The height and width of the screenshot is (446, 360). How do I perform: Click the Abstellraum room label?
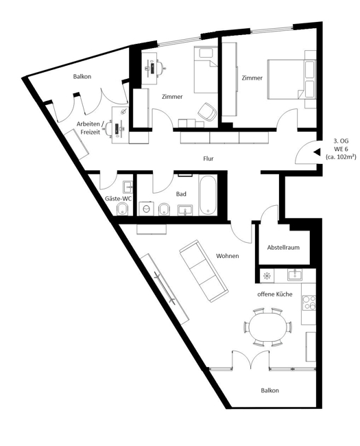pyautogui.click(x=283, y=248)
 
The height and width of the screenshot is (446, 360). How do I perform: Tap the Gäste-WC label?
pyautogui.click(x=119, y=198)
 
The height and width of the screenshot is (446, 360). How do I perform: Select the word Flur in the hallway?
pyautogui.click(x=208, y=159)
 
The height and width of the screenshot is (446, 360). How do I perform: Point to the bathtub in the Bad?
pyautogui.click(x=208, y=196)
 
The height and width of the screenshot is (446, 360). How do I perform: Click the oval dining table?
pyautogui.click(x=268, y=327)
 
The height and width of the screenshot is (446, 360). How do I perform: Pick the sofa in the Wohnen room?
pyautogui.click(x=204, y=271)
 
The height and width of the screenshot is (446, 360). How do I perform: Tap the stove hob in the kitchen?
pyautogui.click(x=309, y=303)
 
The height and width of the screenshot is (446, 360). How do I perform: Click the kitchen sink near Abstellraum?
pyautogui.click(x=295, y=275)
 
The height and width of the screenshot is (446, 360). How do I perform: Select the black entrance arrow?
pyautogui.click(x=317, y=152)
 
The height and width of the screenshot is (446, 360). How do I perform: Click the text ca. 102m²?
pyautogui.click(x=341, y=156)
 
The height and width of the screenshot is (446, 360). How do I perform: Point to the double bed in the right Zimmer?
pyautogui.click(x=291, y=80)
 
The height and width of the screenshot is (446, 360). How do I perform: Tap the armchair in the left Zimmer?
pyautogui.click(x=207, y=111)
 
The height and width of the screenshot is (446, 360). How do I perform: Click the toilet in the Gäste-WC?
pyautogui.click(x=123, y=210)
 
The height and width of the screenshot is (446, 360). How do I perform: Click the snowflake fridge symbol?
pyautogui.click(x=267, y=276)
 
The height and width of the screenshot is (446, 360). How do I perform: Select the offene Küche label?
pyautogui.click(x=275, y=294)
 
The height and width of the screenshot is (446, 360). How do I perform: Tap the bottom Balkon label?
pyautogui.click(x=270, y=390)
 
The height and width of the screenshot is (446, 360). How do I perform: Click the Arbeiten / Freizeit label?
pyautogui.click(x=88, y=128)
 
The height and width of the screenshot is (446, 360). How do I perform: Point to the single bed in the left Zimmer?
pyautogui.click(x=206, y=70)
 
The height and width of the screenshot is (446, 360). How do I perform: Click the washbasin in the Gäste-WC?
pyautogui.click(x=128, y=187)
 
